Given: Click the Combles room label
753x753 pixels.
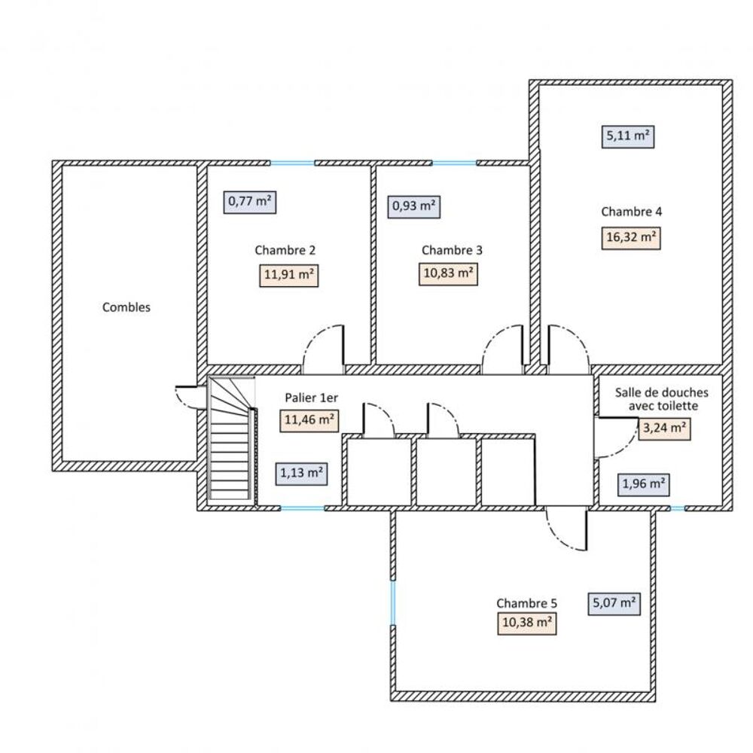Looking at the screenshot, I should click(127, 307).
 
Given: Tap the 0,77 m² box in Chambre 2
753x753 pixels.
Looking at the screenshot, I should click(250, 201).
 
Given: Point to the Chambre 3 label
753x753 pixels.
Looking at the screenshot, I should click(452, 250).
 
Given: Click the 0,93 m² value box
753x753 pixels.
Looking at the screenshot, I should click(414, 206).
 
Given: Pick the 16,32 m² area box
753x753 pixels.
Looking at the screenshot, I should click(631, 238).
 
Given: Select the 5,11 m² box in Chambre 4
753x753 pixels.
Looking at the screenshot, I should click(628, 136).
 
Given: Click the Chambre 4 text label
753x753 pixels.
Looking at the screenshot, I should click(631, 212).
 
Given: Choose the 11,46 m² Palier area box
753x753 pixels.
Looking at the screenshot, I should click(309, 420).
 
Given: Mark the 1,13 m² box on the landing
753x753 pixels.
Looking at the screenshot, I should click(302, 474).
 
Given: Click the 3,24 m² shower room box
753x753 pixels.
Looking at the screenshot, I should click(663, 428).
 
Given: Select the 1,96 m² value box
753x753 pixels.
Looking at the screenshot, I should click(644, 484).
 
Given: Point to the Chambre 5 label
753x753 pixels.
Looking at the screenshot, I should click(526, 603).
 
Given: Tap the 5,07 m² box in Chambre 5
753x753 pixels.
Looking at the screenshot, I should click(613, 603).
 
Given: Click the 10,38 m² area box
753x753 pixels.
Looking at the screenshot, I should click(526, 623).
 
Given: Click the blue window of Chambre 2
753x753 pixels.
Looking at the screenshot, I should click(292, 163).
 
